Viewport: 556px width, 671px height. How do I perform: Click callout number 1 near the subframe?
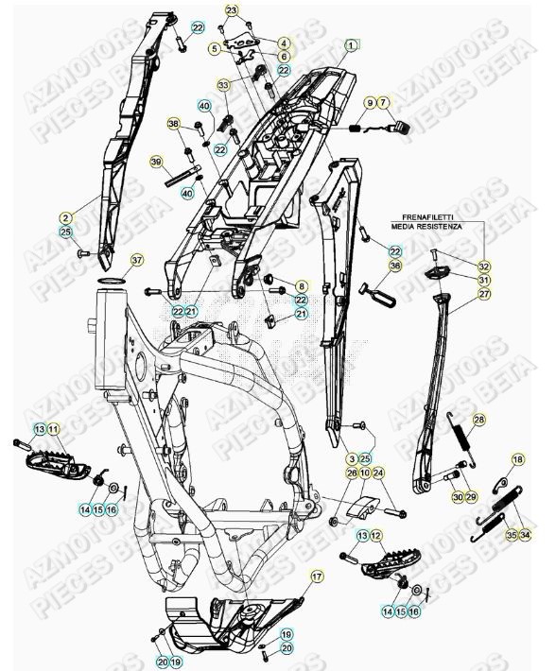[x=351, y=44]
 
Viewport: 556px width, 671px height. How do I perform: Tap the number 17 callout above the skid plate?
[x=316, y=576]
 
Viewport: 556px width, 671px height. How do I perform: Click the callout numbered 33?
[x=223, y=85]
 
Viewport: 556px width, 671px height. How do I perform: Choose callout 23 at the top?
[x=233, y=9]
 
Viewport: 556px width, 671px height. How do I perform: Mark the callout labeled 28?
[x=478, y=420]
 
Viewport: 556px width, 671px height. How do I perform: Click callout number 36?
[x=395, y=267]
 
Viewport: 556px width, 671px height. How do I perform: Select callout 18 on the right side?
[x=516, y=460]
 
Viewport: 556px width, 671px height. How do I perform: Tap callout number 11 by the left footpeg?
[x=54, y=430]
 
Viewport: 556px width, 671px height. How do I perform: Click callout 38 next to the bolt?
[x=173, y=124]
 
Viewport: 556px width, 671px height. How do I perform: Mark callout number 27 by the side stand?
[x=484, y=295]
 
